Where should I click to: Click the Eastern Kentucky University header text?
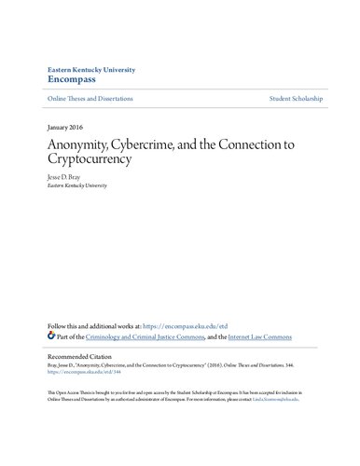(92, 69)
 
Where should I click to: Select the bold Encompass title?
(72, 81)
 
